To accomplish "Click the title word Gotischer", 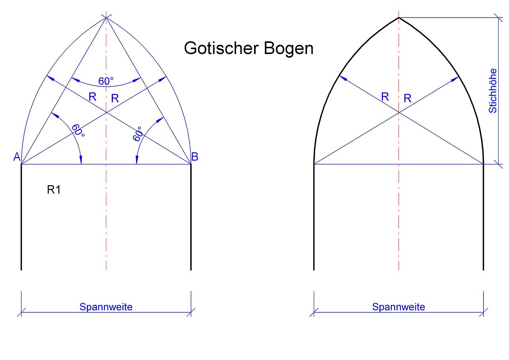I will [x=220, y=48].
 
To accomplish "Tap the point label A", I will [x=17, y=157].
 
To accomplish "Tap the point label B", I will [x=195, y=157].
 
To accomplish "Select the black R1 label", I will [x=54, y=190].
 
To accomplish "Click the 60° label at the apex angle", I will [x=106, y=81].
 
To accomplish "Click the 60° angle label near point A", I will [x=78, y=130].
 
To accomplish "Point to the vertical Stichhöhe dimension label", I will [x=493, y=91].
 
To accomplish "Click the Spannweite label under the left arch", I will [x=106, y=307].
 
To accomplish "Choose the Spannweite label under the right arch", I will [x=398, y=307].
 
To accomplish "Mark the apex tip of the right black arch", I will [x=398, y=17].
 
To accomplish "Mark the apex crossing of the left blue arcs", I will [x=106, y=17].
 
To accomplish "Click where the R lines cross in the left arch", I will [x=106, y=113].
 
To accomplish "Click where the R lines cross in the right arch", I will [x=398, y=113].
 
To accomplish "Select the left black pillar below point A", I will [x=21, y=217].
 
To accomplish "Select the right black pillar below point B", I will [x=191, y=217].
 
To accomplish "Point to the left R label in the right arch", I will [x=385, y=97].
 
